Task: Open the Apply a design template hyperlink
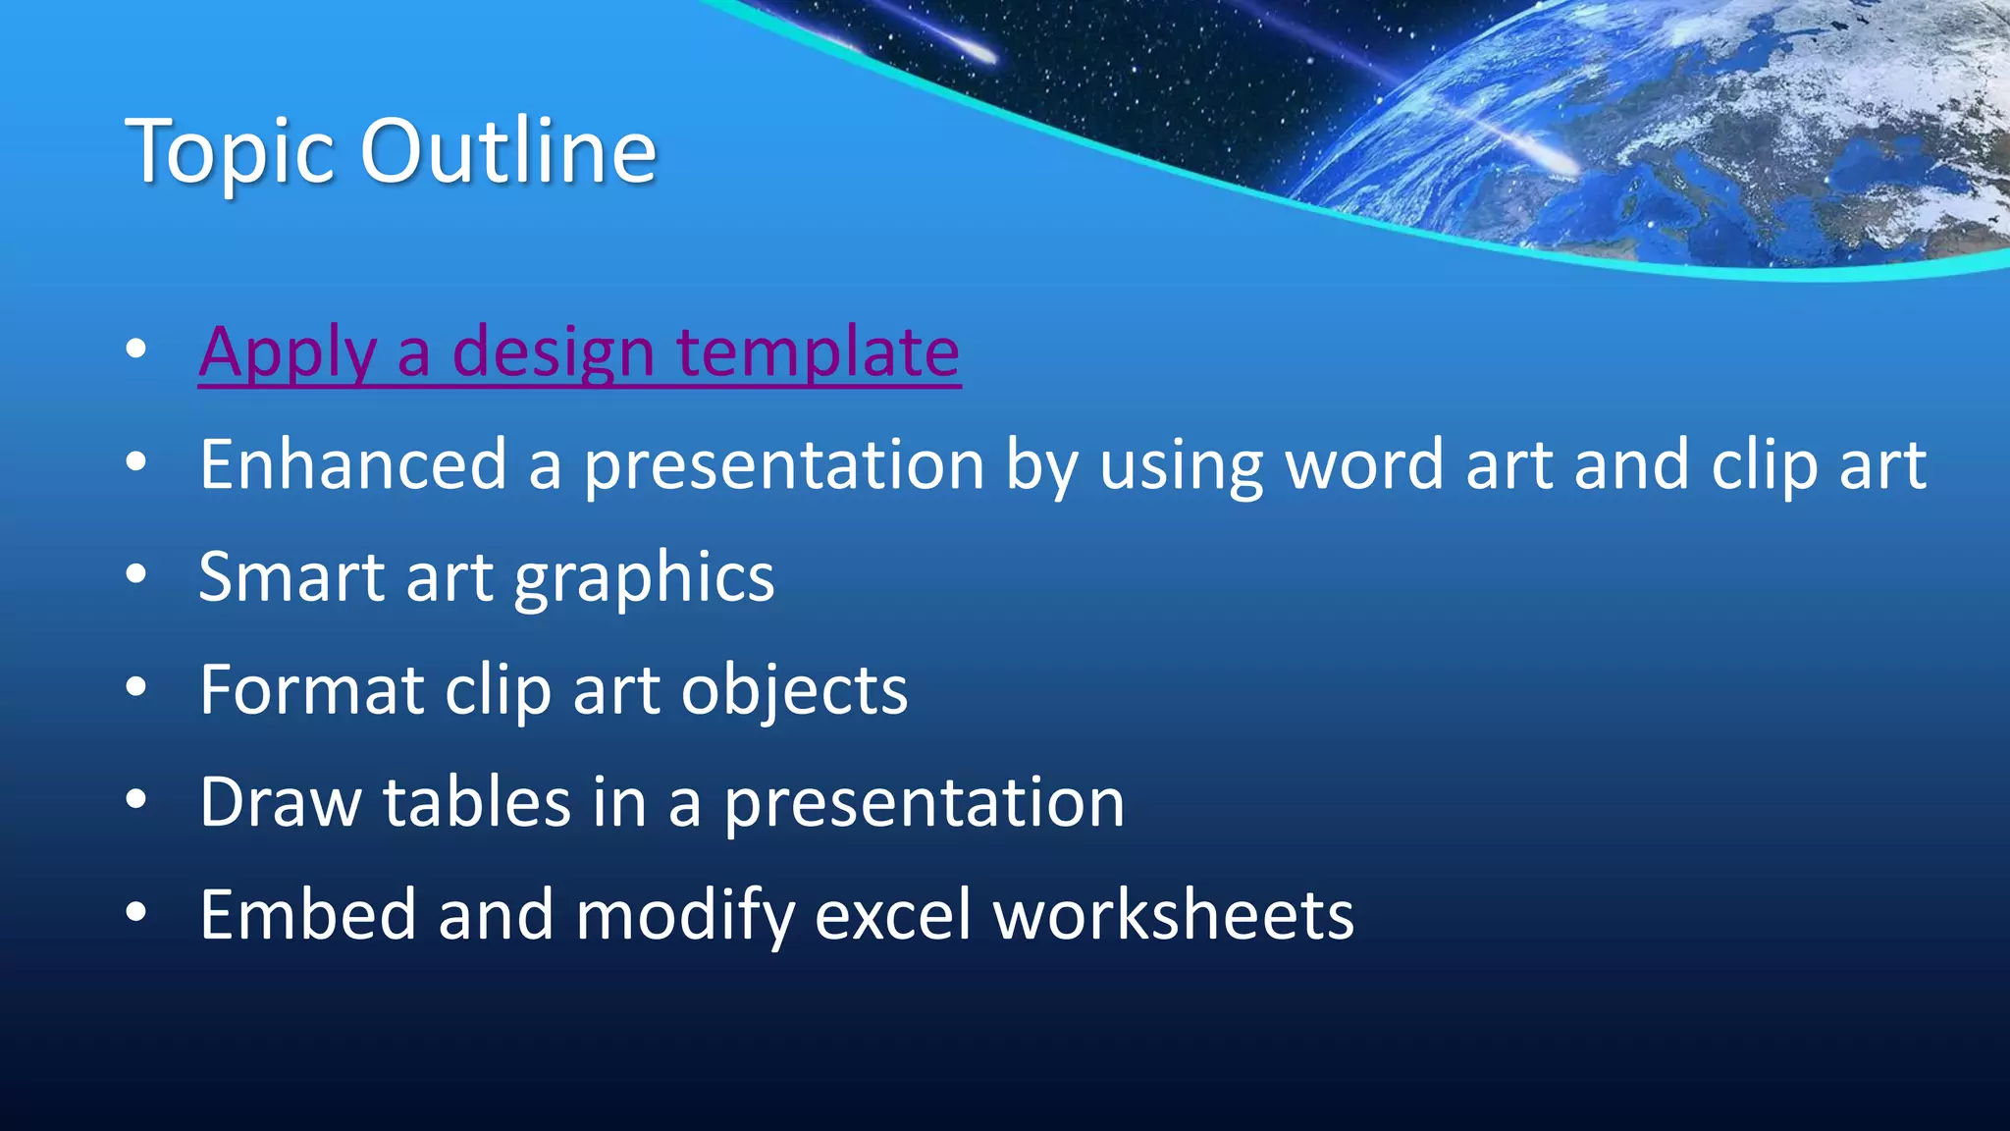pyautogui.click(x=579, y=351)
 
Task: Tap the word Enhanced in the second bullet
pyautogui.click(x=353, y=464)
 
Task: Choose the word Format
pyautogui.click(x=311, y=689)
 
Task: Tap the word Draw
pyautogui.click(x=281, y=802)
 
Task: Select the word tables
pyautogui.click(x=477, y=802)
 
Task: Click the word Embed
pyautogui.click(x=307, y=914)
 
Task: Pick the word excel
pyautogui.click(x=892, y=914)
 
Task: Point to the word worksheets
pyautogui.click(x=1174, y=914)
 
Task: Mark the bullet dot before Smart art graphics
pyautogui.click(x=136, y=575)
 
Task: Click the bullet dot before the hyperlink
pyautogui.click(x=136, y=349)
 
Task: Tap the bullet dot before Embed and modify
pyautogui.click(x=136, y=913)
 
